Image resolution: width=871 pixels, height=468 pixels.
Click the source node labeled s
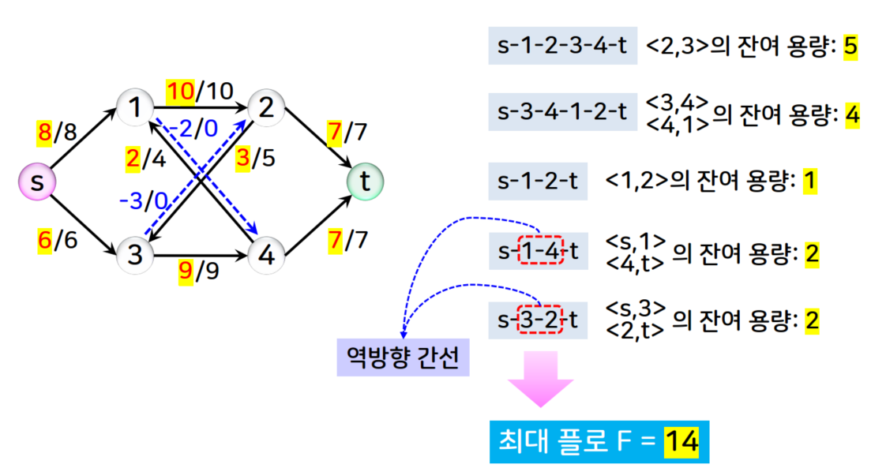tap(37, 183)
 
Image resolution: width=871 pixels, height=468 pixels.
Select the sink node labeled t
tap(365, 182)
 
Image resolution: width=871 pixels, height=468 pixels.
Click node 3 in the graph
tap(136, 255)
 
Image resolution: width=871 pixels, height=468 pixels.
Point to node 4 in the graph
tap(266, 255)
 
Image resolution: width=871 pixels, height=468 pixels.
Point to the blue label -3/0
tap(143, 201)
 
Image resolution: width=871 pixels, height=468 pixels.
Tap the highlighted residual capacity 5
tap(850, 47)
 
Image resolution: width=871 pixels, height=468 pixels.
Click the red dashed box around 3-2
tap(539, 320)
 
